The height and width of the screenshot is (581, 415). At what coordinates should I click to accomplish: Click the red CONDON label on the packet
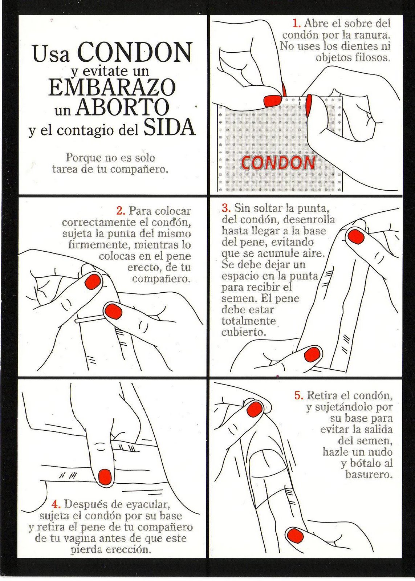tap(278, 163)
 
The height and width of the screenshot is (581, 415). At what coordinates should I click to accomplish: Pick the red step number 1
tap(297, 24)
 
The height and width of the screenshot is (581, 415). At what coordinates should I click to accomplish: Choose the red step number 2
tap(121, 211)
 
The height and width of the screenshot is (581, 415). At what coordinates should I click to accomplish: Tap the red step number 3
tap(226, 208)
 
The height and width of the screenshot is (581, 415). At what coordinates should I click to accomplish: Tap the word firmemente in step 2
tap(99, 245)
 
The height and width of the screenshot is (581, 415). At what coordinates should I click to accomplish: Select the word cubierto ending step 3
tap(244, 333)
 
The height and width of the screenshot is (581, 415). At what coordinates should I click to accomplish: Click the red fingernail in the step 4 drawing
tap(105, 476)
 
